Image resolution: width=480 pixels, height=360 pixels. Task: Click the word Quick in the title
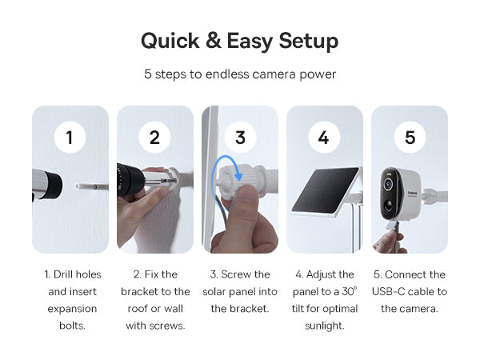pos(170,41)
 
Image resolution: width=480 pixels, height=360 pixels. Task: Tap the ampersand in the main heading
pos(214,41)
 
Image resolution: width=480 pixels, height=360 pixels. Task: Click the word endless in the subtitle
pos(227,74)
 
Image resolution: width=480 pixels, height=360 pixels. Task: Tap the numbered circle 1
pos(70,137)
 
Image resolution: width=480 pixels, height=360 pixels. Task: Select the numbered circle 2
pos(154,137)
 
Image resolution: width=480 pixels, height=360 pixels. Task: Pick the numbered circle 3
pos(240,137)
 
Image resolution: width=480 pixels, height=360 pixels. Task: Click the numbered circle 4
pos(324,137)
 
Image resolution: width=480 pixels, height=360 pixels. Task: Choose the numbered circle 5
pos(410,137)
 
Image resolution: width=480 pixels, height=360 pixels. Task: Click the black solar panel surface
pos(325,190)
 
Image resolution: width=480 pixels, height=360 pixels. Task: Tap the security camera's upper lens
pos(388,185)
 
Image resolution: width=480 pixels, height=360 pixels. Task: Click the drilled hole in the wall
pos(77,186)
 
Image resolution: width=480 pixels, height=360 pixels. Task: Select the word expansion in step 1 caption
pos(72,309)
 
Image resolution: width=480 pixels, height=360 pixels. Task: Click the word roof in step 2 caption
pos(138,309)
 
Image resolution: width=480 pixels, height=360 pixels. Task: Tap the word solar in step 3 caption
pos(214,291)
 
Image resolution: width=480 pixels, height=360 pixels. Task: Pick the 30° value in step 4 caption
pos(350,291)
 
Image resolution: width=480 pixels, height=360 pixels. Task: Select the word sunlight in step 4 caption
pos(325,326)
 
